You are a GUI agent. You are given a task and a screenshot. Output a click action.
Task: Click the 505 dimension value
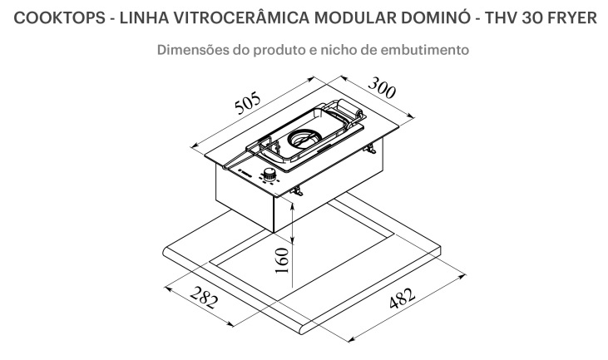tap(248, 103)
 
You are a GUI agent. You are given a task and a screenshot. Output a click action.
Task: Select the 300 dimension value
tap(382, 87)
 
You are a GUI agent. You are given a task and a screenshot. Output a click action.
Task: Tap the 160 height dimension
tap(282, 260)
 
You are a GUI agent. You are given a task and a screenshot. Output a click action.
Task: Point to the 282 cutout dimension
tap(204, 297)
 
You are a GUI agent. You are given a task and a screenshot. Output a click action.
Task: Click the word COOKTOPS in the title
tap(59, 17)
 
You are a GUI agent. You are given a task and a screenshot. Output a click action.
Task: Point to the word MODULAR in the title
tap(355, 17)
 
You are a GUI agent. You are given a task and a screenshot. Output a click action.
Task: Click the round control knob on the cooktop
tap(269, 174)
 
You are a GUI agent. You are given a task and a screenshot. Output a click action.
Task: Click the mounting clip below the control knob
tap(297, 190)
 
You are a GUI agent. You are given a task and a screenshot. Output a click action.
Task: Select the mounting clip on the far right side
tap(370, 149)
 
